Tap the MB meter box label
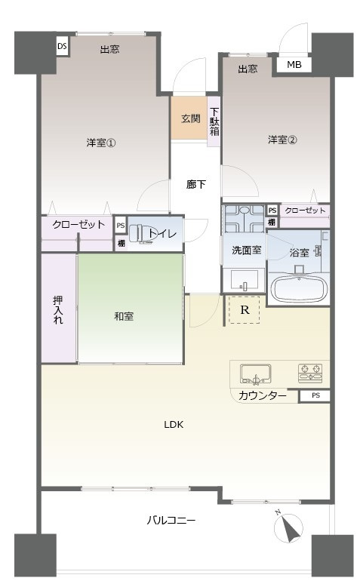click(294, 65)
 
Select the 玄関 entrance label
click(190, 118)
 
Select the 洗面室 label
click(242, 251)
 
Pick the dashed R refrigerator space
click(244, 309)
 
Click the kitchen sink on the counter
click(255, 373)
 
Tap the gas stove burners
click(313, 370)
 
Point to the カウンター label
click(262, 396)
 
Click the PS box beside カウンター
click(315, 395)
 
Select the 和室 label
click(124, 316)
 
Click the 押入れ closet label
click(58, 310)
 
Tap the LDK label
click(174, 424)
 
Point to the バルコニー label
click(171, 521)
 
